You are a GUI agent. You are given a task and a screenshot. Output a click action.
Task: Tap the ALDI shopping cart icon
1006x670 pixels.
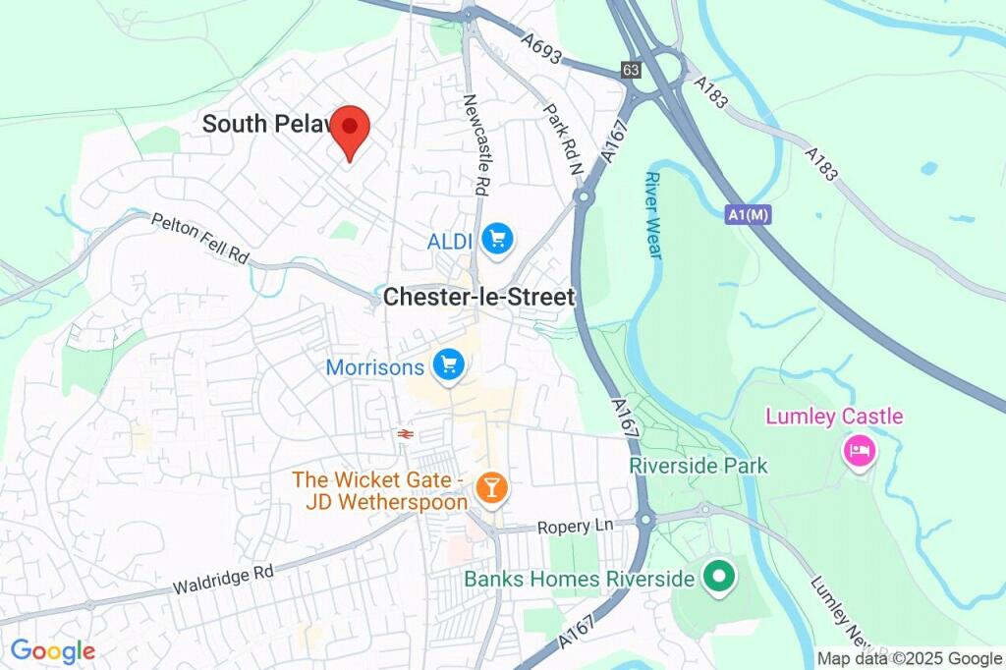click(x=498, y=239)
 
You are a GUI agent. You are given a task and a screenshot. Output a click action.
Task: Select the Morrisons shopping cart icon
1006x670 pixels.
click(x=449, y=365)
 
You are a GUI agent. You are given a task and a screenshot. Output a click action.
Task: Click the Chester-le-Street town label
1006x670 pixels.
click(x=478, y=297)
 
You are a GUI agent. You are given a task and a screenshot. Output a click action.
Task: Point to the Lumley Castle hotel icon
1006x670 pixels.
click(x=860, y=451)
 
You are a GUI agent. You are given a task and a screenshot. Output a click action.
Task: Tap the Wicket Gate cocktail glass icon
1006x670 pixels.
click(x=488, y=486)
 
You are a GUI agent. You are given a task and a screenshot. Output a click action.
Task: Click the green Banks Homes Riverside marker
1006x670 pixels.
click(x=719, y=577)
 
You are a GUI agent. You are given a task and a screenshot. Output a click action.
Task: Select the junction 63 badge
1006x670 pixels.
click(x=630, y=70)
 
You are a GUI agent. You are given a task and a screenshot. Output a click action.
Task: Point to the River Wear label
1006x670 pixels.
click(x=652, y=215)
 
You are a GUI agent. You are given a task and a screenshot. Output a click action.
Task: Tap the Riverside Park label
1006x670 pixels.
click(x=699, y=466)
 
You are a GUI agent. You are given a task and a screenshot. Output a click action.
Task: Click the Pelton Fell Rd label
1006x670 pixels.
click(x=199, y=237)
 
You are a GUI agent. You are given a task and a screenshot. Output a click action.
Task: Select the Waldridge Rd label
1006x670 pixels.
click(x=223, y=580)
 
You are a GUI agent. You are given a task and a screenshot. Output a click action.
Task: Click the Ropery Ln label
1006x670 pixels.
click(x=575, y=527)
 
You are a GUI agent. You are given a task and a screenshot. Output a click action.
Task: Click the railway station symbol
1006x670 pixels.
click(x=403, y=433)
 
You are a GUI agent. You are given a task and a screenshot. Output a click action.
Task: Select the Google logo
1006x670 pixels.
click(x=52, y=650)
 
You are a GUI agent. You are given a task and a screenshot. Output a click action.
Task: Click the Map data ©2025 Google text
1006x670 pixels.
click(x=909, y=659)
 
